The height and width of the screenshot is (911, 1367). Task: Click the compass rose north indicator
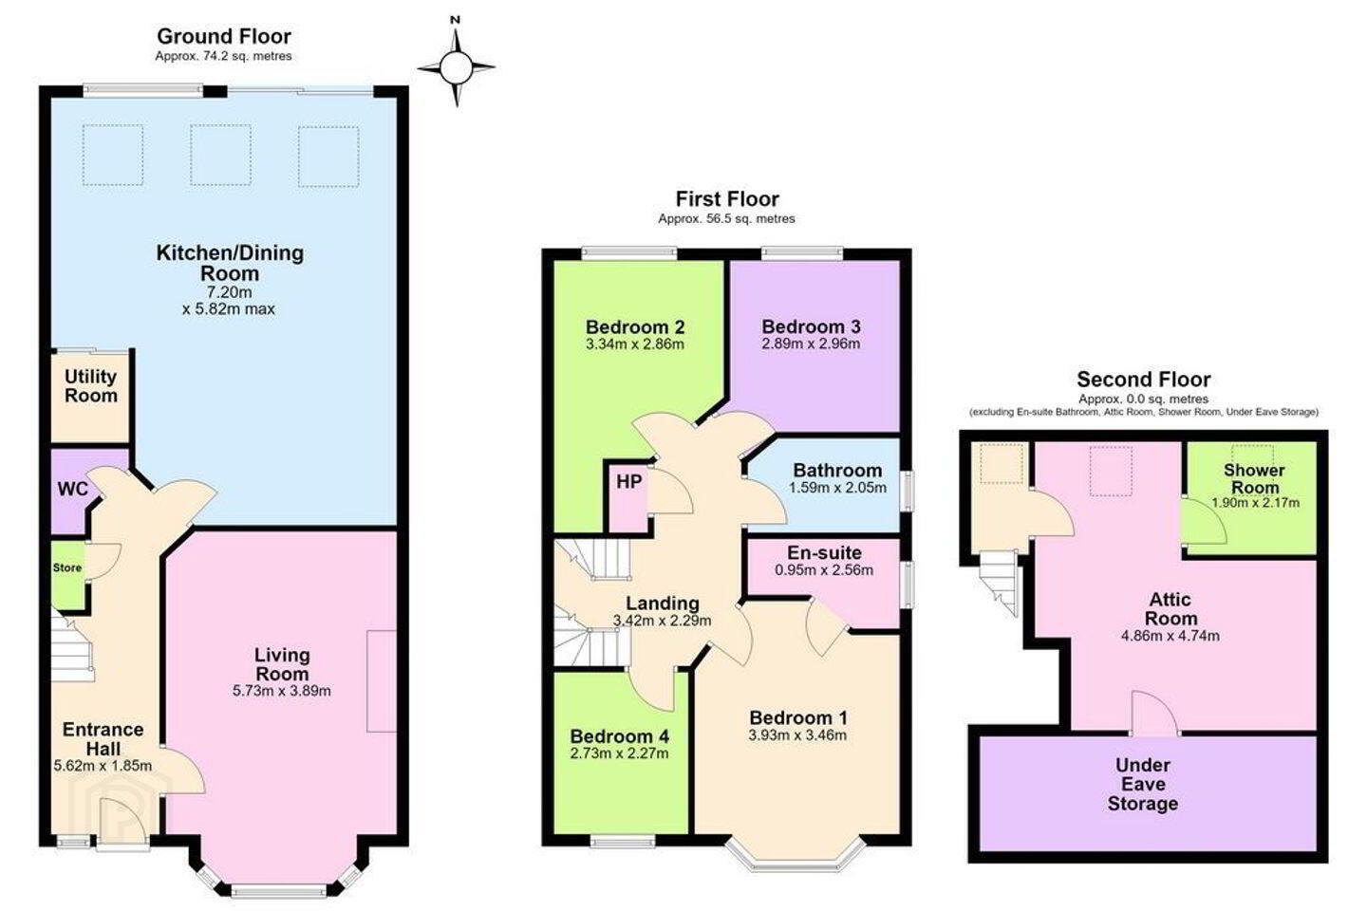(x=456, y=20)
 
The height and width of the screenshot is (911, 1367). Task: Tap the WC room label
(x=72, y=489)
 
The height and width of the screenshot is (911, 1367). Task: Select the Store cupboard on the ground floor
(x=67, y=575)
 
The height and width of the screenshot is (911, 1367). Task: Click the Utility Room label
(x=91, y=385)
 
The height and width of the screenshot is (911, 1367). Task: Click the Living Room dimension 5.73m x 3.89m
(x=282, y=692)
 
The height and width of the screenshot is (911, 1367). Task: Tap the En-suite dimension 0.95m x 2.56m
(x=824, y=570)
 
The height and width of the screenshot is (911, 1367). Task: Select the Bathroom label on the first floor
(x=837, y=471)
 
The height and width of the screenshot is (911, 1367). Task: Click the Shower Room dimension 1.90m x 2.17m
(x=1255, y=503)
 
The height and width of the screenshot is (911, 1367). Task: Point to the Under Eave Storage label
(x=1142, y=784)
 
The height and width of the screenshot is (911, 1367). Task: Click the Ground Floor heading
(x=224, y=36)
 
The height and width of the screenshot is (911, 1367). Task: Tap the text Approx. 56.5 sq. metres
(x=726, y=219)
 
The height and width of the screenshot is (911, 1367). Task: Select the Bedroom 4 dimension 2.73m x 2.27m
(x=619, y=753)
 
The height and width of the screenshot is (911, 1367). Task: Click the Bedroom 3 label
(x=811, y=326)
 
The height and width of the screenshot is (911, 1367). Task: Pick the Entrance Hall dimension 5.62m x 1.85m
(x=103, y=766)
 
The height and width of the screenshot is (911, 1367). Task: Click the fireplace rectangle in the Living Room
(x=382, y=681)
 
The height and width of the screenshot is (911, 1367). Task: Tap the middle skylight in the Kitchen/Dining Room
(x=220, y=155)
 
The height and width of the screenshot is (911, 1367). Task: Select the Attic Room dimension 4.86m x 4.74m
(x=1170, y=636)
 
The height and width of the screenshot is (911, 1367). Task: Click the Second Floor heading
(x=1144, y=380)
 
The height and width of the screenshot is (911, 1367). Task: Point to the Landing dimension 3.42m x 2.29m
(x=663, y=622)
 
